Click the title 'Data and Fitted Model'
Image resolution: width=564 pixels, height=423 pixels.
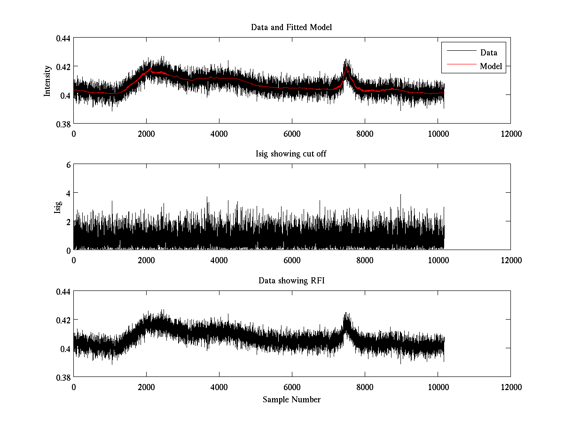pos(291,27)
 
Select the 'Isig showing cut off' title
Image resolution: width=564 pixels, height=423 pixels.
pos(291,154)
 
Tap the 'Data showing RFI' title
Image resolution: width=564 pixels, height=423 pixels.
pos(291,281)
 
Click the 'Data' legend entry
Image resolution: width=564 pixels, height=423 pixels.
pos(488,53)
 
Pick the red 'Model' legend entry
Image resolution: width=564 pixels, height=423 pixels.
pos(491,66)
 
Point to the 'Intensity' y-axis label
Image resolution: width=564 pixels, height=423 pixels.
pos(47,81)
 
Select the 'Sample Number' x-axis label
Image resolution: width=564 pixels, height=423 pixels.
pos(291,399)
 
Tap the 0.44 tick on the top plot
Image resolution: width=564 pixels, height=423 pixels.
pos(63,38)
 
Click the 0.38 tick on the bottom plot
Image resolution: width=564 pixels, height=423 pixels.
pos(63,377)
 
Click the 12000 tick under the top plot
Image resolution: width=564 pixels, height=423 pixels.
pos(510,133)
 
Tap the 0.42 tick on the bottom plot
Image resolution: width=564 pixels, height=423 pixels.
pos(63,320)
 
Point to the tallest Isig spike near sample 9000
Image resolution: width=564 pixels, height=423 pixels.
pos(400,196)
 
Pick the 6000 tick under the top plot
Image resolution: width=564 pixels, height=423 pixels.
pos(292,133)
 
